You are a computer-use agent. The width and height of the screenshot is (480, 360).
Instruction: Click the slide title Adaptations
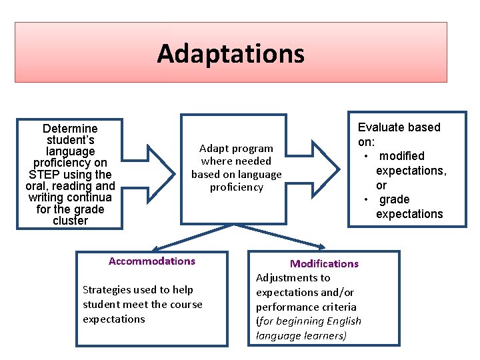[231, 53]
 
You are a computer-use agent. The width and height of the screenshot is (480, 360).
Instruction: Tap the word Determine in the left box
[69, 129]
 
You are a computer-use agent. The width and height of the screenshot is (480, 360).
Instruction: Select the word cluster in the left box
[69, 221]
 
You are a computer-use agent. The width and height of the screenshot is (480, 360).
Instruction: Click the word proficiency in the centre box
[237, 187]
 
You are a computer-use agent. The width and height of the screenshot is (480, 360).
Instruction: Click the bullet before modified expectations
[366, 156]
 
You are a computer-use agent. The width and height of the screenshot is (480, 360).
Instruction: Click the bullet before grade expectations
[366, 200]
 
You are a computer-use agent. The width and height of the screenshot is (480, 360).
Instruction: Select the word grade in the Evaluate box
[395, 199]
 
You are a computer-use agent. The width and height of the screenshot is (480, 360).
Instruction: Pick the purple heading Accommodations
[152, 261]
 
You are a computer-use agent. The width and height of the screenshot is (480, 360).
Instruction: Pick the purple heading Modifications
[324, 264]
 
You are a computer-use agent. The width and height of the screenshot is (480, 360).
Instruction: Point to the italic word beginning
[301, 321]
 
